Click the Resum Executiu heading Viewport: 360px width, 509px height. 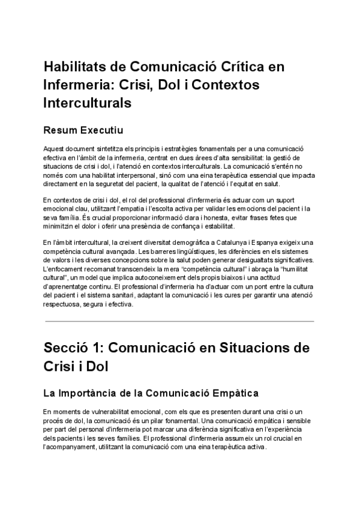pyautogui.click(x=83, y=129)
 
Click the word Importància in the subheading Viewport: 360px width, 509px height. pyautogui.click(x=94, y=394)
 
